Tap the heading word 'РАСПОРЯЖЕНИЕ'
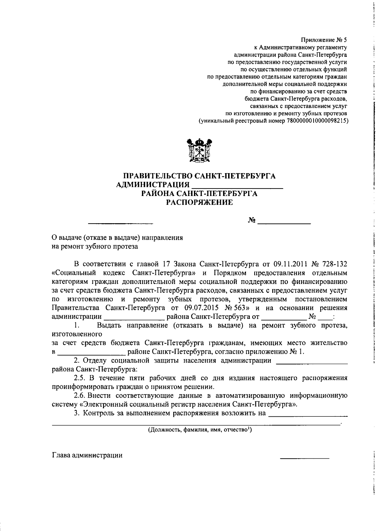(199, 203)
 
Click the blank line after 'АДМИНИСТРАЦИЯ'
(237, 187)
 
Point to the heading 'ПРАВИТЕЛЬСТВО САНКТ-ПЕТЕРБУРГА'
(199, 176)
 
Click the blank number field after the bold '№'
(284, 223)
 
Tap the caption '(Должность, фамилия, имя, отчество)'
(200, 430)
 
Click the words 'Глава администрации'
(87, 455)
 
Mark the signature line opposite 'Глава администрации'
(304, 458)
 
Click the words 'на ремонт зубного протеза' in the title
(95, 246)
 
